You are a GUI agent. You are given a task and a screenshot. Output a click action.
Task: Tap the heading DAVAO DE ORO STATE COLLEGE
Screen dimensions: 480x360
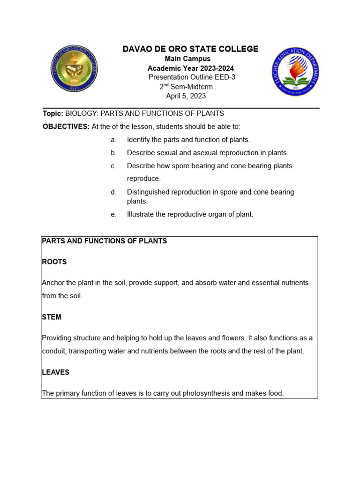coord(190,49)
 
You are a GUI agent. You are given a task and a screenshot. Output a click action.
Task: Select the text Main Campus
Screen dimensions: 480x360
coord(187,59)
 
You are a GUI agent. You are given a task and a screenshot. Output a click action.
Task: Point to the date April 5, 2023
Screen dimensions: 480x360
coord(186,96)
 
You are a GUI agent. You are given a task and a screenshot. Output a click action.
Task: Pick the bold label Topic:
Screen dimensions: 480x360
coord(52,113)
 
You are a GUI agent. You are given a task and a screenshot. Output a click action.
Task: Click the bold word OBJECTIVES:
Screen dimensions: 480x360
coord(66,127)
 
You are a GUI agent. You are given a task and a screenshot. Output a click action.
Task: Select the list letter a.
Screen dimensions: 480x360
coord(113,140)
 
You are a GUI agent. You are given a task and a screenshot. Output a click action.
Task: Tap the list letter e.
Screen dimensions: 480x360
coord(113,214)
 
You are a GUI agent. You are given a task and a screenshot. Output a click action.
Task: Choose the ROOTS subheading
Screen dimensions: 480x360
coord(54,262)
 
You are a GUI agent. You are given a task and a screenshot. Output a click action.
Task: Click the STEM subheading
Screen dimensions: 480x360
coord(52,317)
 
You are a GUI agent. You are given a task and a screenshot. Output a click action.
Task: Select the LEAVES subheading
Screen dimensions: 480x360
coord(56,372)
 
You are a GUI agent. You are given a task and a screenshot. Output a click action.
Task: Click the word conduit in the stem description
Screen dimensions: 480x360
coord(54,351)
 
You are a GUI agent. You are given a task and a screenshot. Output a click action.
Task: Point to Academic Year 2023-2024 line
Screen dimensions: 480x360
coord(190,68)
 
